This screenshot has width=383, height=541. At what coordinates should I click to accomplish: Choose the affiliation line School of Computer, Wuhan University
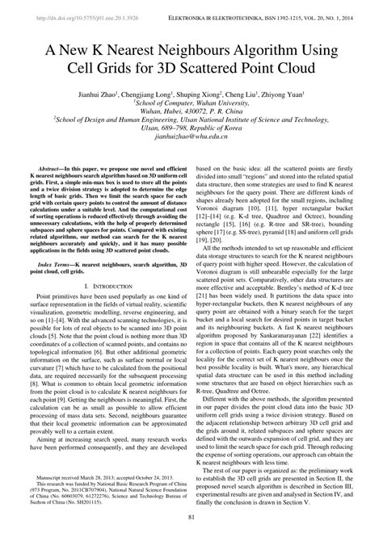191,105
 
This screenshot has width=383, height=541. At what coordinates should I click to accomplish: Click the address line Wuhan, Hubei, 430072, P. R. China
191,114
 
